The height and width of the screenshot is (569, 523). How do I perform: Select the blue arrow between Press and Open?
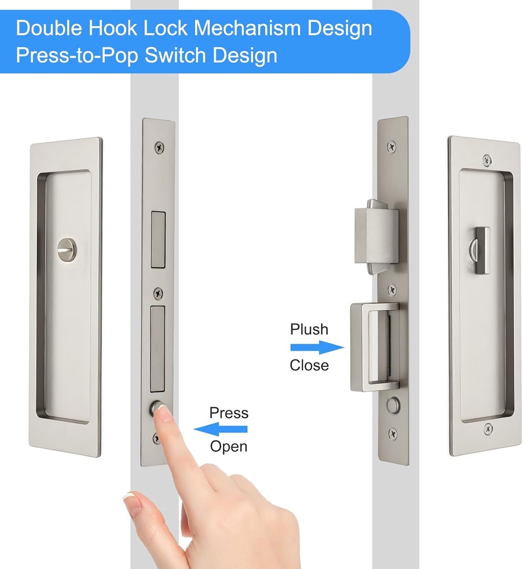coord(221,429)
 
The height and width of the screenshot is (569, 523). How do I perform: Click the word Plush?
coord(309,330)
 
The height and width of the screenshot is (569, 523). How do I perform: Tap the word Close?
coord(309,366)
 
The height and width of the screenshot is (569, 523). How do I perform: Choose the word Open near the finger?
coord(228,446)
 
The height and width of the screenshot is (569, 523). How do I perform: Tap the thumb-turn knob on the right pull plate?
coord(482,249)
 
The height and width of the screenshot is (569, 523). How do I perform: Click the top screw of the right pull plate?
coord(487,159)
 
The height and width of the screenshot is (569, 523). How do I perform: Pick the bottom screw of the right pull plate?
coord(488,428)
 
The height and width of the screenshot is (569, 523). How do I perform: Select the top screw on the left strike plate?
coord(160,148)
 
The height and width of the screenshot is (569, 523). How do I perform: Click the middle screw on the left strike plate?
coord(158,293)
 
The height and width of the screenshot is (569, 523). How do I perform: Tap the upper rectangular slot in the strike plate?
coord(158,239)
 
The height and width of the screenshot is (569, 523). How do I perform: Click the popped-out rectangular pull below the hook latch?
coord(374,347)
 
